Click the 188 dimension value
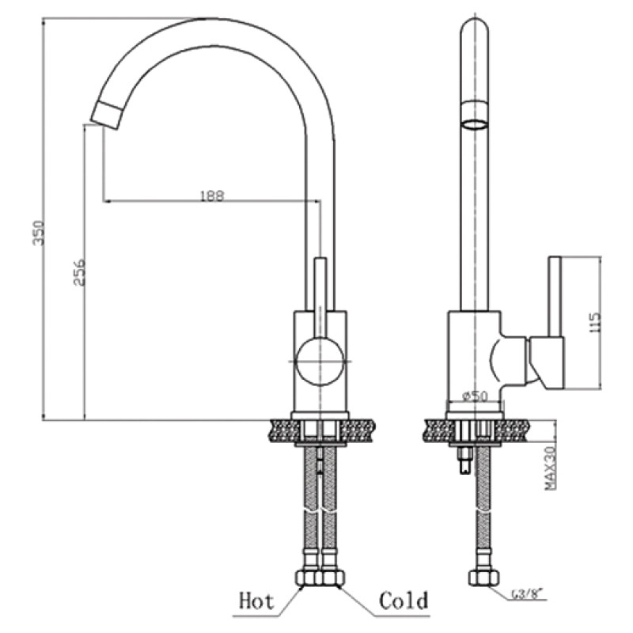coord(212,195)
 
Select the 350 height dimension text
coord(39,233)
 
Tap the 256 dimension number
coord(80,272)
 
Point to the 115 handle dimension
coord(596,322)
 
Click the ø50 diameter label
coord(475,396)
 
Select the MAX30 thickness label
coord(550,468)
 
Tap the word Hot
coord(256,601)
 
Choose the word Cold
coord(404,601)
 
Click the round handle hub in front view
coord(320,362)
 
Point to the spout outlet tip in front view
coord(106,115)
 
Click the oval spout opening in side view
coord(474,124)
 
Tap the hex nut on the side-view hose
coord(484,578)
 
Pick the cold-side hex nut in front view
coord(332,578)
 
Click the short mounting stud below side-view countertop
coord(465,461)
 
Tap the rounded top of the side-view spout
coord(474,25)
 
